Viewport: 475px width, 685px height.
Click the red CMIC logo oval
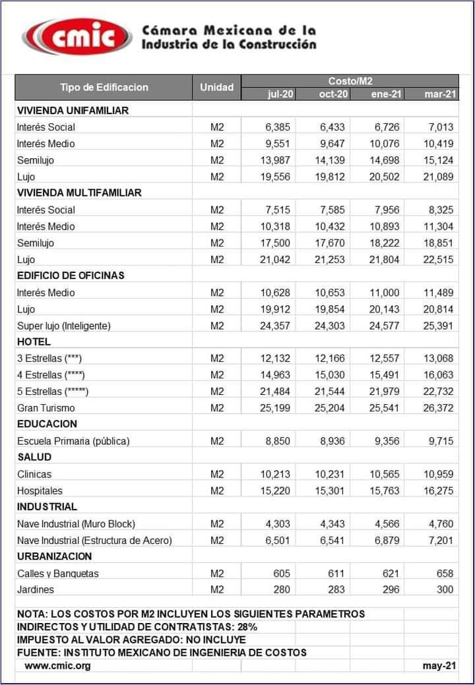click(78, 37)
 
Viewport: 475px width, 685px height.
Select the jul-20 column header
click(280, 94)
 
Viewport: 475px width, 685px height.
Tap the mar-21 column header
click(439, 94)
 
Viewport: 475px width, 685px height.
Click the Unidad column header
click(217, 87)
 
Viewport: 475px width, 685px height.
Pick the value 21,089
click(437, 177)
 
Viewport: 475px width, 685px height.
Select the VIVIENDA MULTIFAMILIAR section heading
click(79, 193)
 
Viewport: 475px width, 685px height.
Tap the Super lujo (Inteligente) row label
click(64, 326)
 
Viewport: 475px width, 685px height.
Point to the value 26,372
click(437, 408)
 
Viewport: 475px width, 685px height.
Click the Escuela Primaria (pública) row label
click(73, 441)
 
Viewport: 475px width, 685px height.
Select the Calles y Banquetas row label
click(58, 574)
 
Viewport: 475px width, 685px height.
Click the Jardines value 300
click(445, 589)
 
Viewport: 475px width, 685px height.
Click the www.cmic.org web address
click(58, 665)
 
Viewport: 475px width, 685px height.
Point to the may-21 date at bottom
click(439, 665)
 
